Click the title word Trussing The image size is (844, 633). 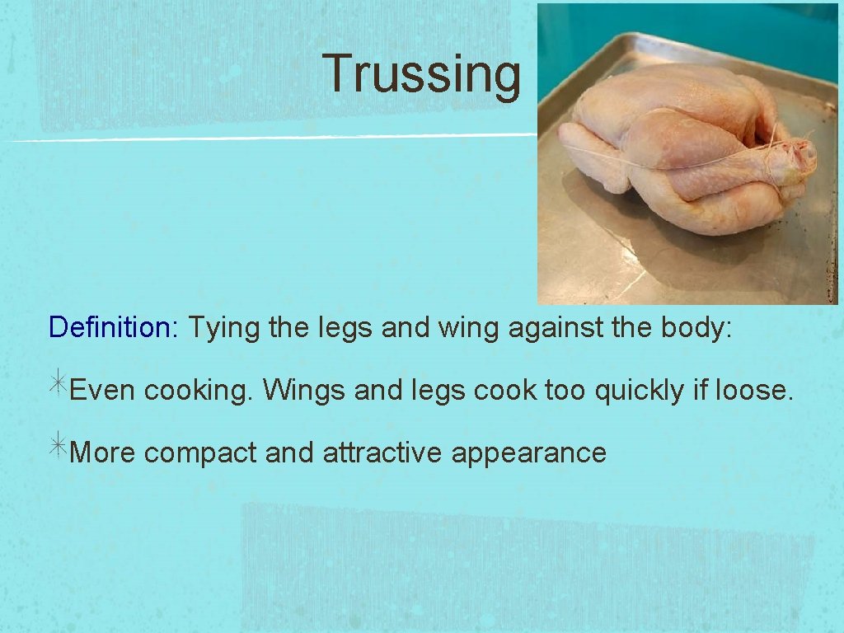421,74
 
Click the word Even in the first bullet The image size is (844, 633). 103,390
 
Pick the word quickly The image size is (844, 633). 640,390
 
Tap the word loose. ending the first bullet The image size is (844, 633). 754,390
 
